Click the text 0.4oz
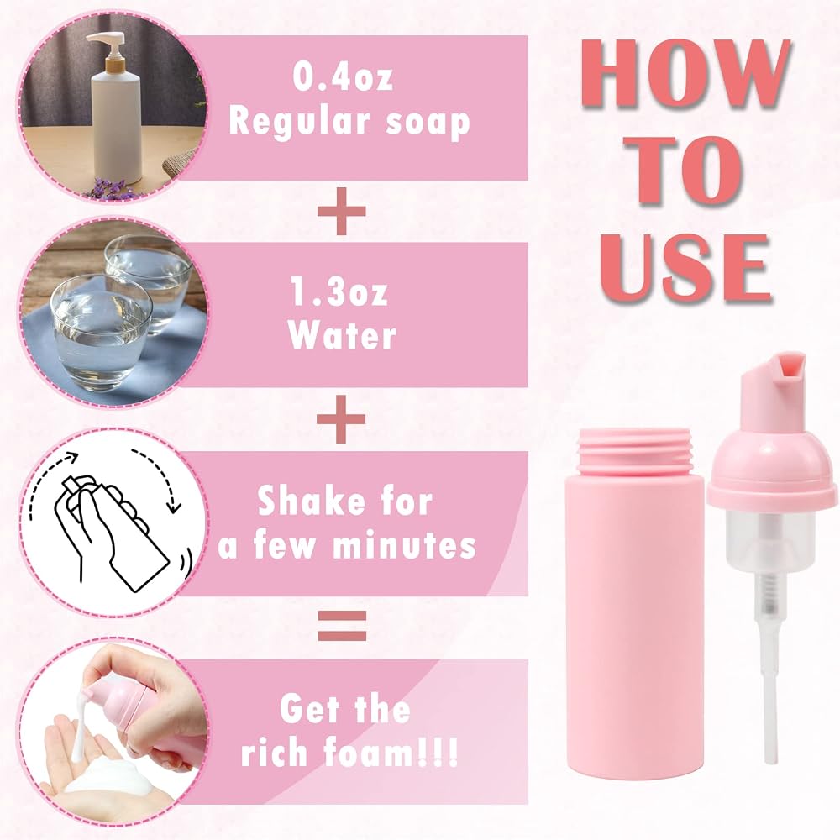pos(343,76)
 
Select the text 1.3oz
pos(339,291)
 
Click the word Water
pos(343,335)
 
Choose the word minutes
pos(405,545)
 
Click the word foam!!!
pos(391,752)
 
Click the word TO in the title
pos(687,171)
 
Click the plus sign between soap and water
pos(342,211)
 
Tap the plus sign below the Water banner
pos(341,419)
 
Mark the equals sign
pos(343,625)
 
